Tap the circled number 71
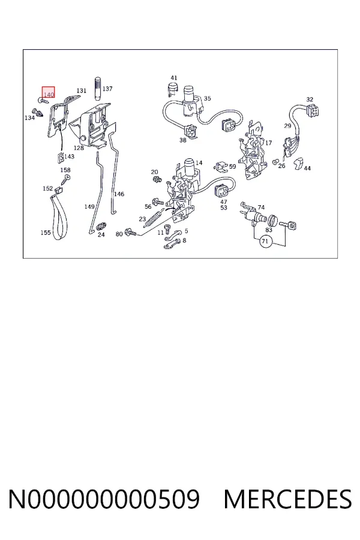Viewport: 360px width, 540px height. click(x=265, y=241)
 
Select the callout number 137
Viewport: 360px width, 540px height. click(x=107, y=89)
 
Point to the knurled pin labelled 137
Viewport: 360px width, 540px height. click(x=97, y=89)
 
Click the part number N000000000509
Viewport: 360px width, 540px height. click(x=104, y=499)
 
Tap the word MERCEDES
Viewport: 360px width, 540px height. click(x=287, y=499)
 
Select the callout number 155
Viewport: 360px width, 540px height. click(x=46, y=232)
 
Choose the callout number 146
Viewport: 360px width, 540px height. click(x=119, y=194)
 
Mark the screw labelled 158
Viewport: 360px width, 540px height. click(x=66, y=179)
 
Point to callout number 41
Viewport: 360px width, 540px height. click(x=174, y=78)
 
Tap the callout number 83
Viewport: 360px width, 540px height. click(x=269, y=230)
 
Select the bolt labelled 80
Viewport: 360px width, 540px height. click(x=131, y=233)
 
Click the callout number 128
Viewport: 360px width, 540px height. click(x=79, y=148)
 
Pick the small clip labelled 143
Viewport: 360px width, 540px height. click(x=60, y=158)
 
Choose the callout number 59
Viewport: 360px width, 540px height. click(x=233, y=166)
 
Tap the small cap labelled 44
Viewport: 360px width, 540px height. click(x=298, y=164)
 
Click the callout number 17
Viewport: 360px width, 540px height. click(x=268, y=143)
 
